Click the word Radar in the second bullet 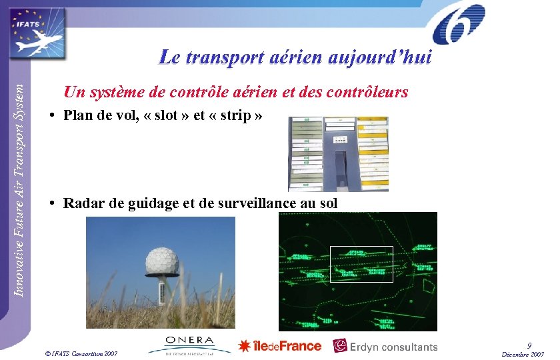83,203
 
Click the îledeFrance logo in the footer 279,346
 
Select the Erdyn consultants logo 386,346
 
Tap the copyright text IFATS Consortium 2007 81,353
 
